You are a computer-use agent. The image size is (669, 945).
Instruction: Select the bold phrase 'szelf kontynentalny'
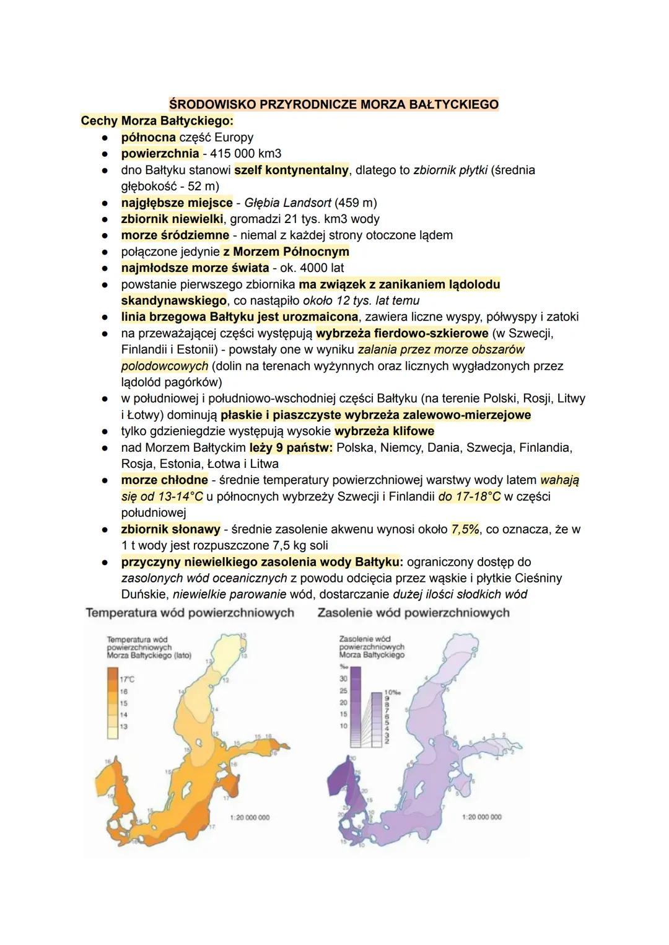291,170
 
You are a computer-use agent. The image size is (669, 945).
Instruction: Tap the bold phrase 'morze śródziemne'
175,235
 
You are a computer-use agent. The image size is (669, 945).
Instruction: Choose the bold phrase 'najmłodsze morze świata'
195,268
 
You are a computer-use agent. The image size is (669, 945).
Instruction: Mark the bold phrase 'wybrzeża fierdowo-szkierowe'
402,333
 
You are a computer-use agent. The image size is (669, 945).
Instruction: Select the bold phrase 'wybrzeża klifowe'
384,431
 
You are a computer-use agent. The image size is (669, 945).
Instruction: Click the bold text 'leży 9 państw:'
291,447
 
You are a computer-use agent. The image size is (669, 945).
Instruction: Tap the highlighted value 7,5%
465,529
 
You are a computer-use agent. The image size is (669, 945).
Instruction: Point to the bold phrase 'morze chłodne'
164,480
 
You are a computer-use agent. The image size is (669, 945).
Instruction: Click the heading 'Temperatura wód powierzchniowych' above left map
190,613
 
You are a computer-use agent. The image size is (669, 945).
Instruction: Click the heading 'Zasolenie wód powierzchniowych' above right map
413,613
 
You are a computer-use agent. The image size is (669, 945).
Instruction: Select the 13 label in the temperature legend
124,726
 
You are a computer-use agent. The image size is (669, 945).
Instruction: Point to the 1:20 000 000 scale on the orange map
250,817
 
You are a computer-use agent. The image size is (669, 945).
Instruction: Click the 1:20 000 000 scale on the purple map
482,817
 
